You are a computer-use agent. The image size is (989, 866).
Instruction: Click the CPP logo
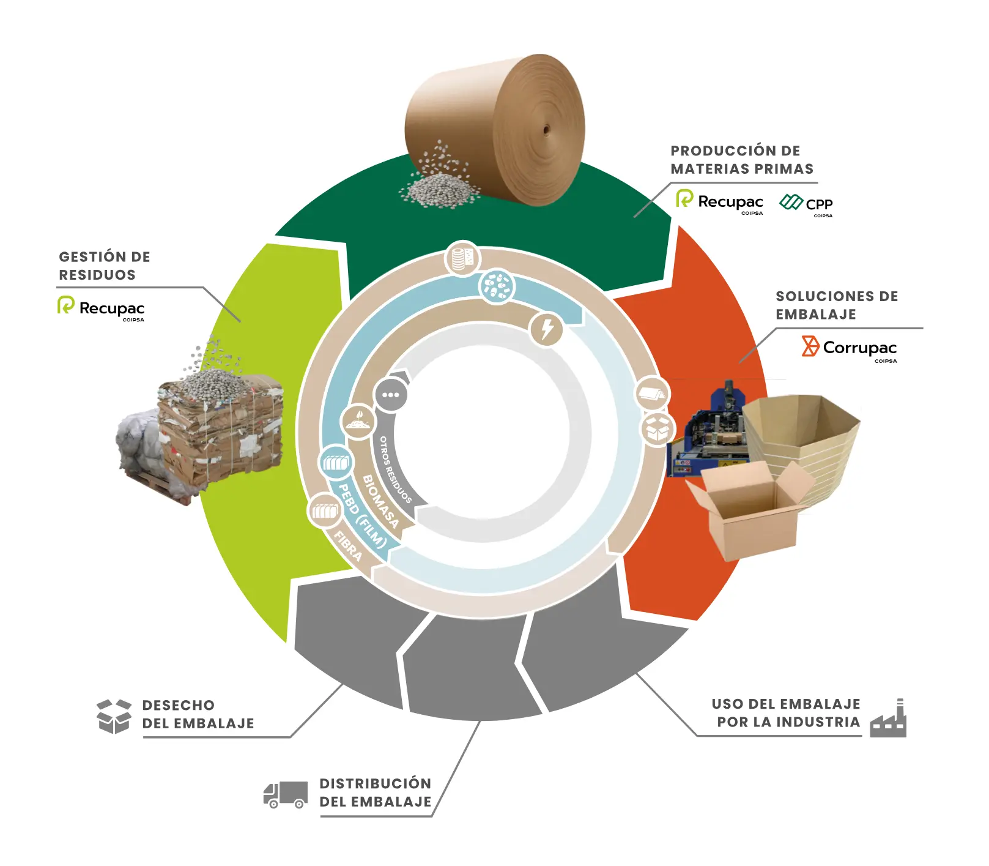pos(806,204)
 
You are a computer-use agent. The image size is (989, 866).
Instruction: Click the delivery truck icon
pos(285,795)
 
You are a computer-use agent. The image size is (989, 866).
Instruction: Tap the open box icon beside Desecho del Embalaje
pos(114,715)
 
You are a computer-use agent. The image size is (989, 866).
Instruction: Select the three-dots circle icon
pos(390,395)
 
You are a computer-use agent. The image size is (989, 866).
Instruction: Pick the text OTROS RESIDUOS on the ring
pos(394,470)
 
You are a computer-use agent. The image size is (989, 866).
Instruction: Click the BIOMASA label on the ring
pos(380,502)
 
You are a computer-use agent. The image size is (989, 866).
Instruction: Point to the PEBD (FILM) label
pos(363,516)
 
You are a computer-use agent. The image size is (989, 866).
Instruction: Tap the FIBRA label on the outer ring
pos(348,546)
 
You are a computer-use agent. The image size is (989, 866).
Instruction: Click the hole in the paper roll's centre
pos(546,130)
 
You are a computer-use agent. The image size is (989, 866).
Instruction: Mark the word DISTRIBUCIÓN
pos(375,783)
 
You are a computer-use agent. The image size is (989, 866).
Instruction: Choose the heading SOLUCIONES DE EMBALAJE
pos(836,305)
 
